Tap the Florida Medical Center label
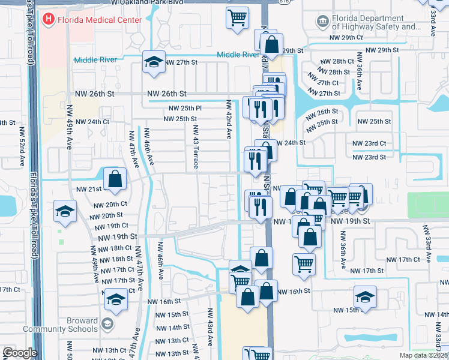pos(100,20)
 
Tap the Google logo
pos(20,353)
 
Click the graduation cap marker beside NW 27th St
pos(154,62)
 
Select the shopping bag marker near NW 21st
pos(115,179)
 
